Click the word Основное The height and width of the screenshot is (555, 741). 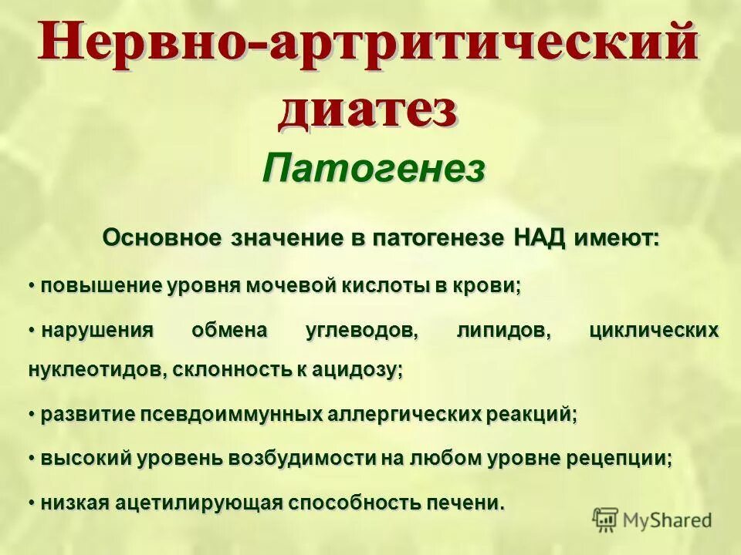tap(162, 238)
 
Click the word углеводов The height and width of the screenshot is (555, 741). tap(350, 331)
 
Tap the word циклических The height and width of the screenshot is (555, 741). tap(654, 331)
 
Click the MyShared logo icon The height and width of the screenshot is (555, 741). tap(604, 520)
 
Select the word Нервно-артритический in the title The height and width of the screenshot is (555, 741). tap(370, 42)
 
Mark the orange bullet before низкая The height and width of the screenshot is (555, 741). tap(33, 502)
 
